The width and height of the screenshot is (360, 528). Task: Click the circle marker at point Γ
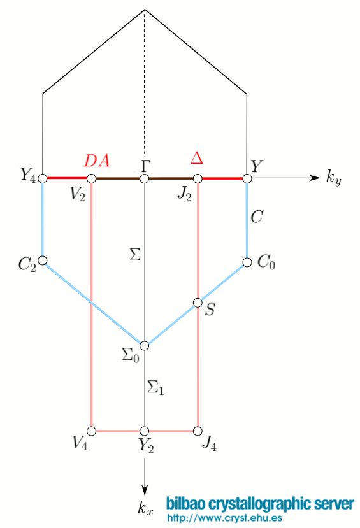tap(145, 179)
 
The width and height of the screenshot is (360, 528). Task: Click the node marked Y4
tap(43, 179)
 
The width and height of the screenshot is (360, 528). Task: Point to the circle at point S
tap(198, 302)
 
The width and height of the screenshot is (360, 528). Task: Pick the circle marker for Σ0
tap(145, 345)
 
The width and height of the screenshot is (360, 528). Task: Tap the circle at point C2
tap(43, 260)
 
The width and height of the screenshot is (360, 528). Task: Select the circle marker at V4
tap(92, 430)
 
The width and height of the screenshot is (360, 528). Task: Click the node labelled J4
tap(198, 430)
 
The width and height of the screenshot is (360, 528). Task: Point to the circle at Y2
tap(145, 430)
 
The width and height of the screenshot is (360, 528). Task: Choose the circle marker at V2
tap(92, 179)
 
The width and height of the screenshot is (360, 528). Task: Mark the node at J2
tap(198, 179)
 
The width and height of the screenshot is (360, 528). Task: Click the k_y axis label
tap(334, 179)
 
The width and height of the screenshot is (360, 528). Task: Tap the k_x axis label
tap(145, 508)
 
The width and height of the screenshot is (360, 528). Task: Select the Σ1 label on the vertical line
tap(155, 387)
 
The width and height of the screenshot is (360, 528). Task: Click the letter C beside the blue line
tap(257, 217)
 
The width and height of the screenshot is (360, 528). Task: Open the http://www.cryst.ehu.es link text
tap(224, 518)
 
